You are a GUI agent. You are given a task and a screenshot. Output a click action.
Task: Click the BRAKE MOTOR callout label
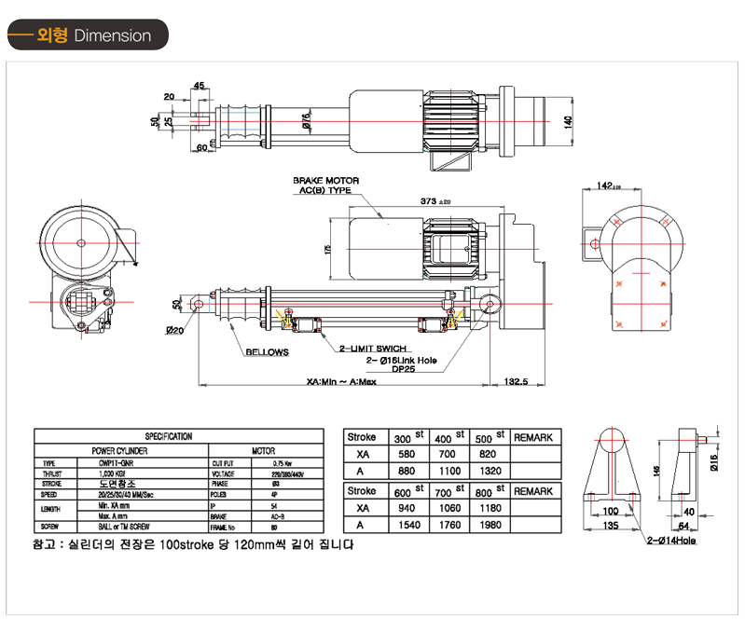326,181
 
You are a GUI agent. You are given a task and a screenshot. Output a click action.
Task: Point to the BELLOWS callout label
268,353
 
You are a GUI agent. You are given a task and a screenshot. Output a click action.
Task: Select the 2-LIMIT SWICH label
371,348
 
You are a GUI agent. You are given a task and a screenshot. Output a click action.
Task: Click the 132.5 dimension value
516,381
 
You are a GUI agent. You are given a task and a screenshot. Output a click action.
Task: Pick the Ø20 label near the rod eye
173,331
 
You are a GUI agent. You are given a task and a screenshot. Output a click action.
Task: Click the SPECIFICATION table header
169,436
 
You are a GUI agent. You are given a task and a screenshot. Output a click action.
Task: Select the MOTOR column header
263,449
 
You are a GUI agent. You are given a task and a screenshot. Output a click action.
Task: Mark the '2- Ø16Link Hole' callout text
403,359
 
